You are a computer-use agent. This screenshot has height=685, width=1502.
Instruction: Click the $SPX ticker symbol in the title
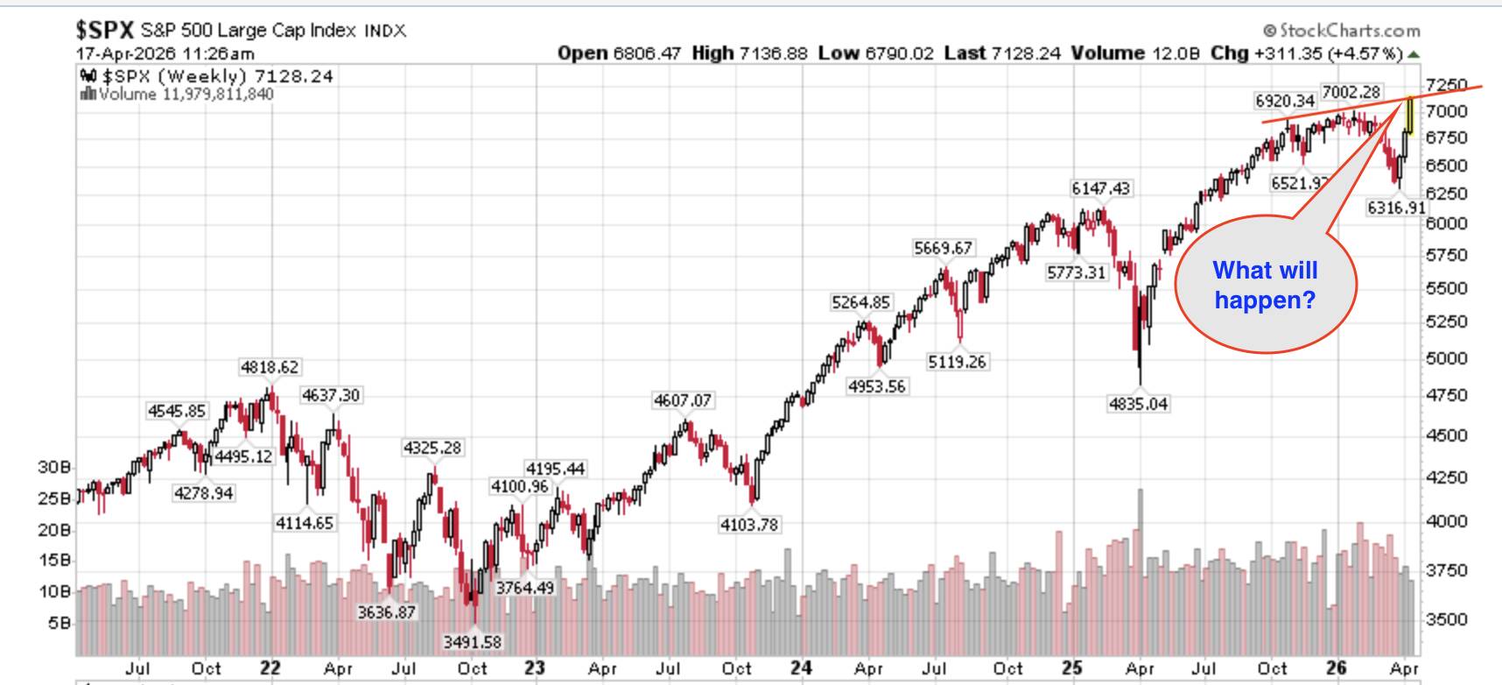(105, 31)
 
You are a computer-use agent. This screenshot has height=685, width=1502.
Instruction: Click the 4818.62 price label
(270, 368)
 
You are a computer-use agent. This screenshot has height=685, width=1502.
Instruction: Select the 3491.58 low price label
(473, 642)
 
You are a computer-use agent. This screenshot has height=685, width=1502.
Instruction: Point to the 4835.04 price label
(1138, 404)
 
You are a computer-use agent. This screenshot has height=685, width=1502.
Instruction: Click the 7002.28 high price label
(1351, 92)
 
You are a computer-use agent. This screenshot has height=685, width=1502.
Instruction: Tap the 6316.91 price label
(1396, 208)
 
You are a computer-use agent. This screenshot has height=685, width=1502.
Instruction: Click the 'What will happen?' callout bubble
(1265, 286)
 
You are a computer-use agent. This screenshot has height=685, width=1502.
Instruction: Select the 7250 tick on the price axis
(1446, 85)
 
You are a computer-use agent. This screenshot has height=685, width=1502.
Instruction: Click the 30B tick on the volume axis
(54, 467)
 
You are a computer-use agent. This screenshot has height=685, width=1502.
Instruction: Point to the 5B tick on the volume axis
(60, 623)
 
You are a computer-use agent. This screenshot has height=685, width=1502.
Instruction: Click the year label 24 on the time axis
(801, 668)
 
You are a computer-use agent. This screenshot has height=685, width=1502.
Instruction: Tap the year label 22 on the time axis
(270, 668)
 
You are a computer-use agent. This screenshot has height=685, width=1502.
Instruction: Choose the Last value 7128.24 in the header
(1025, 53)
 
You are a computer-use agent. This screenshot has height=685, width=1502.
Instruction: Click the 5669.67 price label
(943, 249)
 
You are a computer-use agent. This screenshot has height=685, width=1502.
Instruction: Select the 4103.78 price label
(749, 525)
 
